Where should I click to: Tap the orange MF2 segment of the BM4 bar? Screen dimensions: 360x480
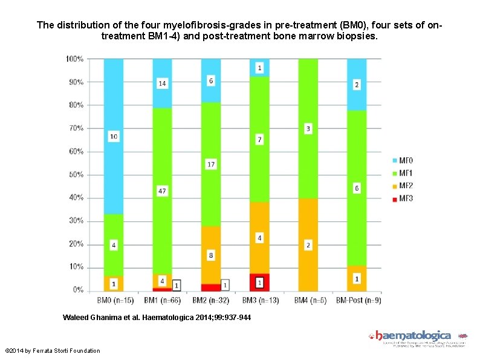click(308, 266)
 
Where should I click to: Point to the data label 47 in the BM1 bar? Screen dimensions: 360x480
click(162, 191)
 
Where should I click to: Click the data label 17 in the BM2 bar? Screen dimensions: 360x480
click(211, 164)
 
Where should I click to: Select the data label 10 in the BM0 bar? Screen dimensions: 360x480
click(114, 137)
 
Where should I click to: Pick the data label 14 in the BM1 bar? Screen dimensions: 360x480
click(162, 83)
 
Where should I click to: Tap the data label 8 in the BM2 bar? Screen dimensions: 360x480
click(211, 256)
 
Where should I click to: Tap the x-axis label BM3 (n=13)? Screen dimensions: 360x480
click(259, 300)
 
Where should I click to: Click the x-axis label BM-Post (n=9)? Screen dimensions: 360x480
click(357, 300)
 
